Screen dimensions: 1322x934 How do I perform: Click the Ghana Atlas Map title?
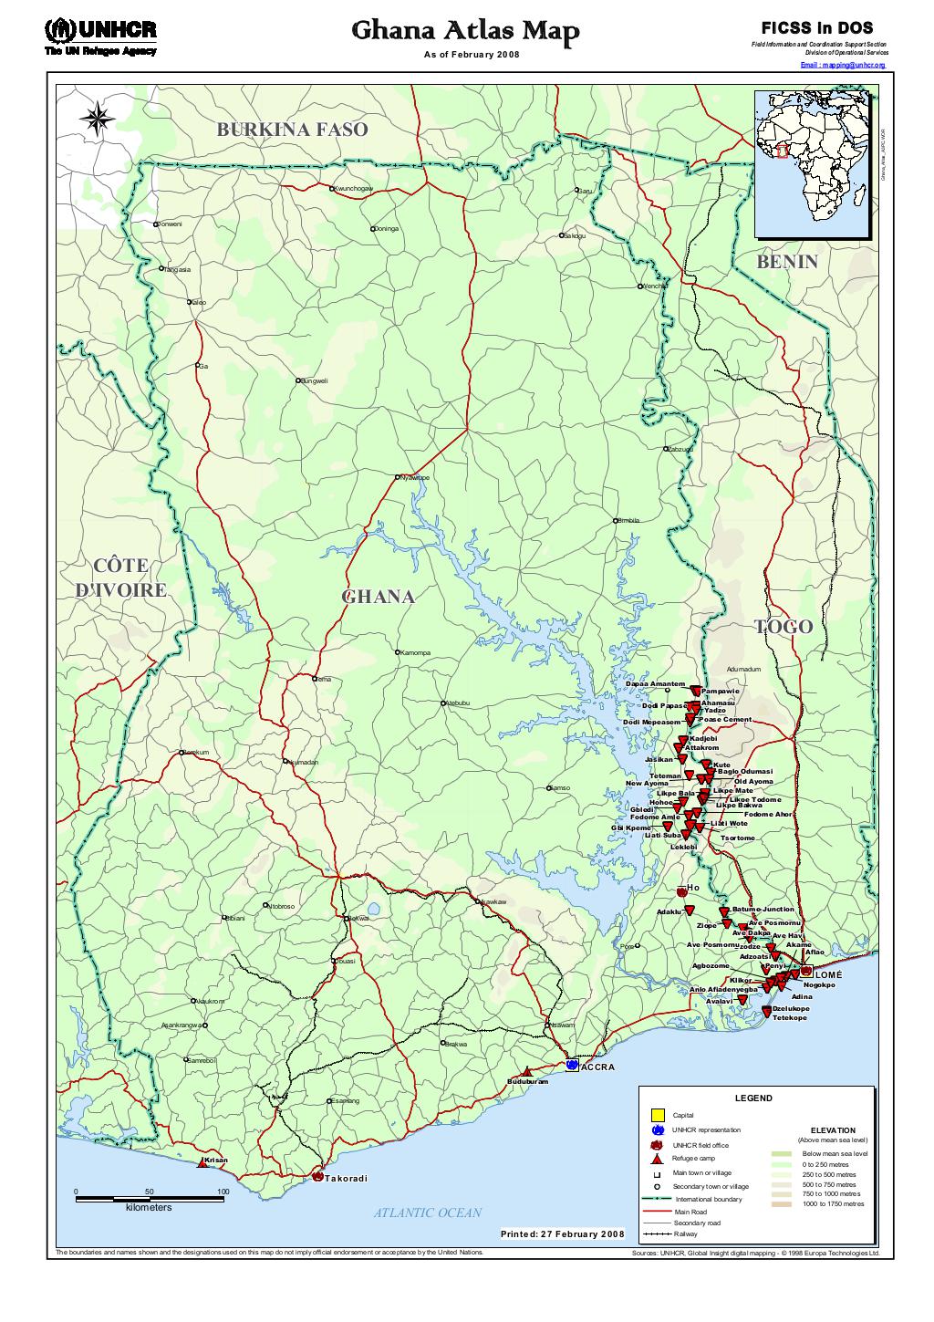(465, 33)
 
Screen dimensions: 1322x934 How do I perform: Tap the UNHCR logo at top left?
(100, 36)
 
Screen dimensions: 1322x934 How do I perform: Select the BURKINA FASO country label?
(292, 130)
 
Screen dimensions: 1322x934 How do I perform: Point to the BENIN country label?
(786, 262)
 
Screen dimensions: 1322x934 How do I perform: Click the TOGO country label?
(783, 627)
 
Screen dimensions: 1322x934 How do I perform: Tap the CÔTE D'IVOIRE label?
(120, 578)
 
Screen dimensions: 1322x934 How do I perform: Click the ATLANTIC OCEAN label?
(427, 1213)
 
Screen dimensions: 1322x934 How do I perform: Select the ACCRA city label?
(598, 1067)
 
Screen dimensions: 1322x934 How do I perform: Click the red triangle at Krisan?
(202, 1163)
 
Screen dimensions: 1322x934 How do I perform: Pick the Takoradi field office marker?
(317, 1177)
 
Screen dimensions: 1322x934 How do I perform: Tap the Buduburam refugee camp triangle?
(526, 1072)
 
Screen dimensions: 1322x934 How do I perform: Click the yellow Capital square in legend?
(656, 1114)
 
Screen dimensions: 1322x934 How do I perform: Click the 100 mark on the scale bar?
(223, 1192)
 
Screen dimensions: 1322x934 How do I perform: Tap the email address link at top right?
(843, 66)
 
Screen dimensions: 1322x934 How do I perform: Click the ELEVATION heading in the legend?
(831, 1130)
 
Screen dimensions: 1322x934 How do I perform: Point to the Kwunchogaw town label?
(354, 188)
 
